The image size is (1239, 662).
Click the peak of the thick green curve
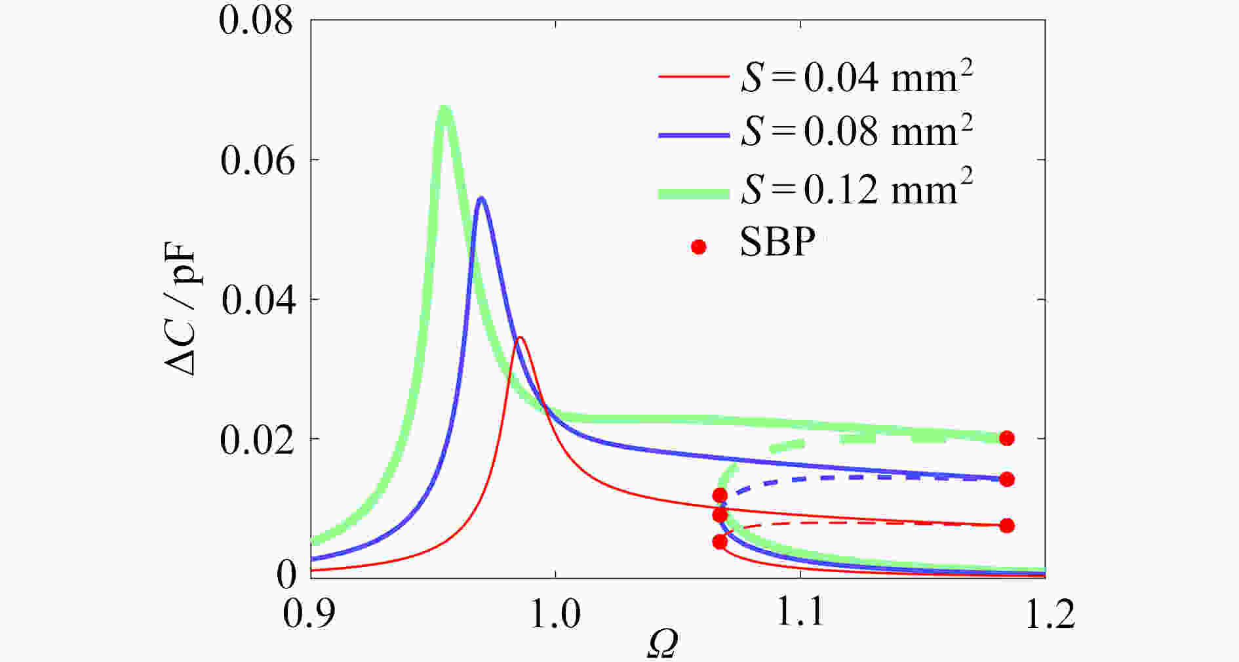(444, 109)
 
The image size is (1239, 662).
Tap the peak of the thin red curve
(520, 337)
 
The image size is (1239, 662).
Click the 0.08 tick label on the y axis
(256, 21)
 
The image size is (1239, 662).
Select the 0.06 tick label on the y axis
(257, 160)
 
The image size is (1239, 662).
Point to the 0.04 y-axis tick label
(257, 300)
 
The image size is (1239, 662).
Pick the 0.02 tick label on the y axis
(257, 440)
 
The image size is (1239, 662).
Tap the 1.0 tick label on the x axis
(555, 615)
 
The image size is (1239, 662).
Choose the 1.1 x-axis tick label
(800, 615)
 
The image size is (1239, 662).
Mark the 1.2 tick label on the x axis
(1045, 615)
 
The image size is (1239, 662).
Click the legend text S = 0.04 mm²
(856, 77)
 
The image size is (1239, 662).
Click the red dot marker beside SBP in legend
(699, 247)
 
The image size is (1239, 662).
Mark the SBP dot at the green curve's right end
(1007, 438)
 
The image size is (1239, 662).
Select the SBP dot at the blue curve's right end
(1007, 479)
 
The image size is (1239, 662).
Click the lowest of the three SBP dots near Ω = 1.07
(720, 542)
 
